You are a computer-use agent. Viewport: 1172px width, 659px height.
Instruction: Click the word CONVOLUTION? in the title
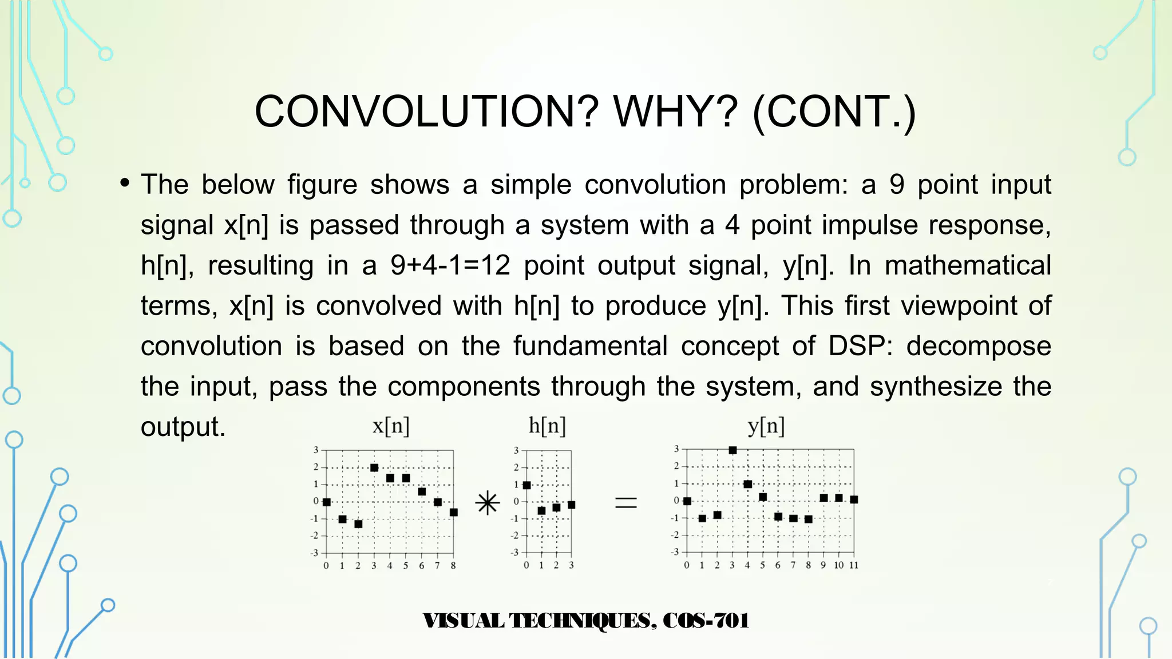(426, 112)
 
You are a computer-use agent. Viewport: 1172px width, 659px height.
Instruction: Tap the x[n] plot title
(391, 426)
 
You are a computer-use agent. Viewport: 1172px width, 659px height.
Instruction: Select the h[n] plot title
(547, 426)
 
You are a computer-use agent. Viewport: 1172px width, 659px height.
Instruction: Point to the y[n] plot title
(766, 426)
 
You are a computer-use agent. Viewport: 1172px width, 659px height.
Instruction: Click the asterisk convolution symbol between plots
(488, 503)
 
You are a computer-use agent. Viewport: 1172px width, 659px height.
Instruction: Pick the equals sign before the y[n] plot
(625, 503)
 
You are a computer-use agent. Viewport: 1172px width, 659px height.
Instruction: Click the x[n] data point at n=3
(374, 468)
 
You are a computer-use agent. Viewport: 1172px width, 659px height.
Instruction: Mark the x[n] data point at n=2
(358, 524)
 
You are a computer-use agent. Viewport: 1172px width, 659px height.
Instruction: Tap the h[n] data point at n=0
(526, 485)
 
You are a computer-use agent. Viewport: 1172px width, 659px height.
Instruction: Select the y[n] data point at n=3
(732, 450)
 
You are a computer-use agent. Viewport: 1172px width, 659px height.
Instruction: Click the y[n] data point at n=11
(854, 499)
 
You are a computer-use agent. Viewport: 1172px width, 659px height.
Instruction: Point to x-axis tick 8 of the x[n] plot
(453, 566)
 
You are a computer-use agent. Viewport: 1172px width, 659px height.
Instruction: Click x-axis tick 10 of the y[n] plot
(838, 565)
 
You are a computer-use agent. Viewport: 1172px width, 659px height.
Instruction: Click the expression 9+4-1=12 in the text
(450, 265)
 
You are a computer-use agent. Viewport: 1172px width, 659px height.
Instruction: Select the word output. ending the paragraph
(183, 427)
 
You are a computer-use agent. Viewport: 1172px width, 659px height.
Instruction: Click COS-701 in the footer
(706, 621)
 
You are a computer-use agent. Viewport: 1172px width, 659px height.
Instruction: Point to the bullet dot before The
(125, 184)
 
